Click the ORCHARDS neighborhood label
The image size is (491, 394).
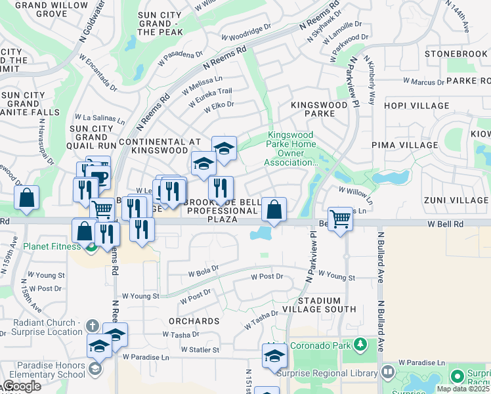pos(194,321)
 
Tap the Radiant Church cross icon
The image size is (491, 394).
pos(93,326)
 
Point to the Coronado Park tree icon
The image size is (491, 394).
pos(359,344)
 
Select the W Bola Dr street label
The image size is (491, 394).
pos(203,271)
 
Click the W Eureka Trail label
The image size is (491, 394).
pos(210,95)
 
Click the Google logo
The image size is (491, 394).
pos(21,387)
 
